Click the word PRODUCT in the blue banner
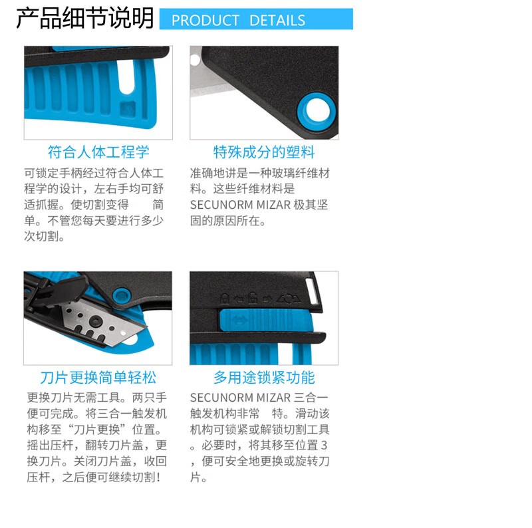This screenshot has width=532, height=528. coord(205,21)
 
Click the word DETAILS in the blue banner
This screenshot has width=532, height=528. coord(277,21)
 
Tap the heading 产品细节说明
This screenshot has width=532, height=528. coord(85,18)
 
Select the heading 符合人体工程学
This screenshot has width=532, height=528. coord(98,152)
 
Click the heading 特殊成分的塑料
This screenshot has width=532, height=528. coord(264,152)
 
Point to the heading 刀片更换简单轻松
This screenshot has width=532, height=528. coord(98,378)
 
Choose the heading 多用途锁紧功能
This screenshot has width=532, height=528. coord(264,378)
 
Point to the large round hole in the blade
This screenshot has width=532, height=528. coord(95,321)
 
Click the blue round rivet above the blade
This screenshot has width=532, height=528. coord(122,296)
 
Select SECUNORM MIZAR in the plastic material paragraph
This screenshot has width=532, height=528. coord(240,205)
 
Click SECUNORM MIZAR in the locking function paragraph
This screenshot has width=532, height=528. coord(240,398)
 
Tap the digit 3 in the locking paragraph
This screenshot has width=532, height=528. coord(324,445)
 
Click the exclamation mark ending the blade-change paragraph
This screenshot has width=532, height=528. coord(158,477)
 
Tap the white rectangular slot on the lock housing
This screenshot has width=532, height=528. coord(312,291)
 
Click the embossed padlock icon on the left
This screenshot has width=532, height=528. coord(225,299)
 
